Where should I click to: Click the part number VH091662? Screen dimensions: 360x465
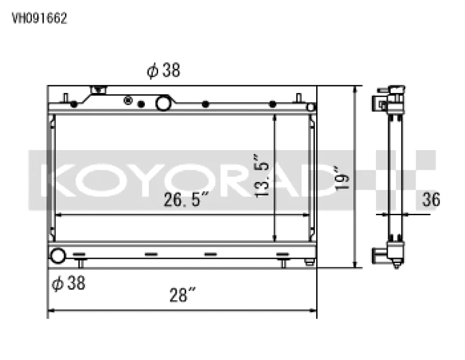(x=40, y=18)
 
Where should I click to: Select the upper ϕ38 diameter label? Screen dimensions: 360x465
(x=163, y=71)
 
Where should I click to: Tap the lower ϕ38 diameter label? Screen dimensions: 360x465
(x=69, y=283)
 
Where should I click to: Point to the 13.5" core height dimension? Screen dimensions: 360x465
(x=263, y=175)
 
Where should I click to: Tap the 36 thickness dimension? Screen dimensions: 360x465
(x=431, y=199)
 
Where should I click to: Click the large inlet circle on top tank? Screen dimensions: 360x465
(x=163, y=104)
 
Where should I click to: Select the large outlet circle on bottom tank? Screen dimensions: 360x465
(x=58, y=255)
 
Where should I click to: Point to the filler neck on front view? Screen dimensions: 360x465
(x=99, y=91)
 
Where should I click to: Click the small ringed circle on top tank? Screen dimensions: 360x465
(x=128, y=101)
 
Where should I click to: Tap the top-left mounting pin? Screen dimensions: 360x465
(x=66, y=97)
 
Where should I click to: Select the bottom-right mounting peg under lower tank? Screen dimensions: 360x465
(x=283, y=263)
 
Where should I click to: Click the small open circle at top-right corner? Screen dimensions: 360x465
(x=311, y=107)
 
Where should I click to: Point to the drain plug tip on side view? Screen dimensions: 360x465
(x=396, y=266)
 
